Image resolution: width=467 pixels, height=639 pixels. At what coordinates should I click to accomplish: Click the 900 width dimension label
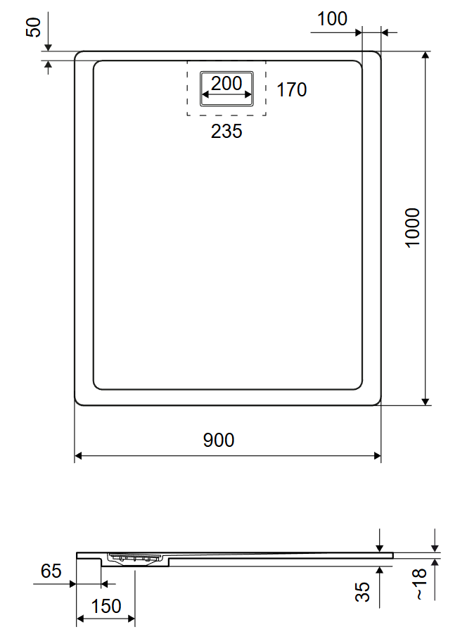(219, 440)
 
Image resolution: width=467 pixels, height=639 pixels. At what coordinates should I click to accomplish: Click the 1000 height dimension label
(412, 227)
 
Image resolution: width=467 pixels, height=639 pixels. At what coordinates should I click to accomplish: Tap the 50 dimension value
(33, 27)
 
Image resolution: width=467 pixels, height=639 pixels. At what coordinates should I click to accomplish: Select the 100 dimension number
(332, 19)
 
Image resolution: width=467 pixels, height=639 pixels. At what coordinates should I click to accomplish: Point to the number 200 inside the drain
(226, 84)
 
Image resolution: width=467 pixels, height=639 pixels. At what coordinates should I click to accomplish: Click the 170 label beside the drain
(291, 89)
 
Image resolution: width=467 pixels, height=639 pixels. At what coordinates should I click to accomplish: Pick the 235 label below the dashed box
(226, 131)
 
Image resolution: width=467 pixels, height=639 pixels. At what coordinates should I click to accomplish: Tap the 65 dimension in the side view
(51, 571)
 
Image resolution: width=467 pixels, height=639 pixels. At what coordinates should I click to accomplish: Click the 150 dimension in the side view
(106, 606)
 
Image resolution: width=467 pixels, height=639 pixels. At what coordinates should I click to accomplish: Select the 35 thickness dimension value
(362, 592)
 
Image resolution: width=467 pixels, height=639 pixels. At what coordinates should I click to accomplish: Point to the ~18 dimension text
(419, 584)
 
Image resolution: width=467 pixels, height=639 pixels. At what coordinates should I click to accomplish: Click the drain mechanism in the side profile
(135, 558)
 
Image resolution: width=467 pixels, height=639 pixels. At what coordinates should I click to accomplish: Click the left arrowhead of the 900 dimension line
(79, 455)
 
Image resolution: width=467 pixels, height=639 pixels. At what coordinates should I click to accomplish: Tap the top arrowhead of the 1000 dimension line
(426, 56)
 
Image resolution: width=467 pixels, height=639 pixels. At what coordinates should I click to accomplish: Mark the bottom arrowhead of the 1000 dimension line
(426, 401)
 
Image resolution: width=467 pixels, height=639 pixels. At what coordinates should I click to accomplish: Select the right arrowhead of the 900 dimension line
(377, 455)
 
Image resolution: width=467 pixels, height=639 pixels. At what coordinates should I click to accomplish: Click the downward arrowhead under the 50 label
(48, 47)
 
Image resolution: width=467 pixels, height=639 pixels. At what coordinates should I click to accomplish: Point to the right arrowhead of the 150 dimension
(131, 619)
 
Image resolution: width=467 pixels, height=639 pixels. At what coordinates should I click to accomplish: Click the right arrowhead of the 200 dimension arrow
(248, 95)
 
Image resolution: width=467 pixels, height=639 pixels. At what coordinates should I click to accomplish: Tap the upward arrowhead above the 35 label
(380, 571)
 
